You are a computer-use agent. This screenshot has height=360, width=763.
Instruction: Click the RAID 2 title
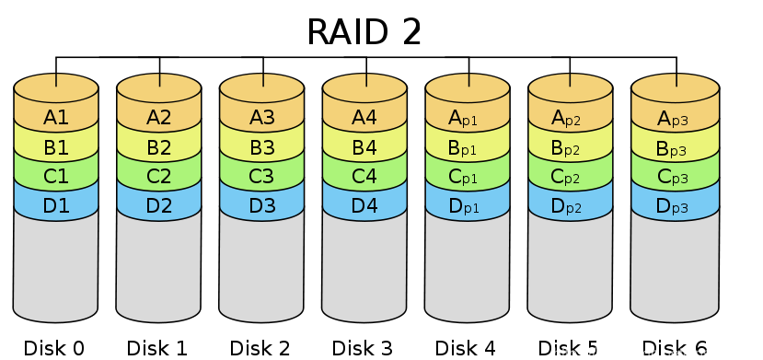[x=364, y=31]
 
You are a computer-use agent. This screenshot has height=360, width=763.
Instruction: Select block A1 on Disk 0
[x=56, y=117]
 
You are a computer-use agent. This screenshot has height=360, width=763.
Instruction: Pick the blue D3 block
[x=262, y=205]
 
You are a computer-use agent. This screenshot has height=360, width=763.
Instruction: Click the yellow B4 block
[x=364, y=146]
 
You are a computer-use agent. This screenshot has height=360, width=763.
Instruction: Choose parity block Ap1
[x=468, y=117]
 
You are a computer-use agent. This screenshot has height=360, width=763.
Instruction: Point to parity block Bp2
[x=571, y=146]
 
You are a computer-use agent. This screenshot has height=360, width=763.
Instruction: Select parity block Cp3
[x=674, y=176]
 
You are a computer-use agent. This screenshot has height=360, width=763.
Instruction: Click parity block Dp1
[x=468, y=205]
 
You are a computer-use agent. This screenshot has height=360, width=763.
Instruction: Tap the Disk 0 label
[x=54, y=348]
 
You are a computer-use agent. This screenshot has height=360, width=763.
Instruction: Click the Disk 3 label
[x=364, y=348]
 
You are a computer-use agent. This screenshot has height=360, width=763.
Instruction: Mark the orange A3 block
[x=262, y=117]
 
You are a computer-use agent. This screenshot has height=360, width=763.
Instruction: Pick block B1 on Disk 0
[x=56, y=146]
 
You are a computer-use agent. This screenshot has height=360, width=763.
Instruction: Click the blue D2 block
[x=159, y=205]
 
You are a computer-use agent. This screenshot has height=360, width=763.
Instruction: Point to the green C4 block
[x=364, y=176]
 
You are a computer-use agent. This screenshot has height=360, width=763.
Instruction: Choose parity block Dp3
[x=674, y=205]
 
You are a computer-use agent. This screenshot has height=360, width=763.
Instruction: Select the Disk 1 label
[x=157, y=348]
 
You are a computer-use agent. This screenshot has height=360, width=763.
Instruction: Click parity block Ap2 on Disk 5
[x=571, y=117]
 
